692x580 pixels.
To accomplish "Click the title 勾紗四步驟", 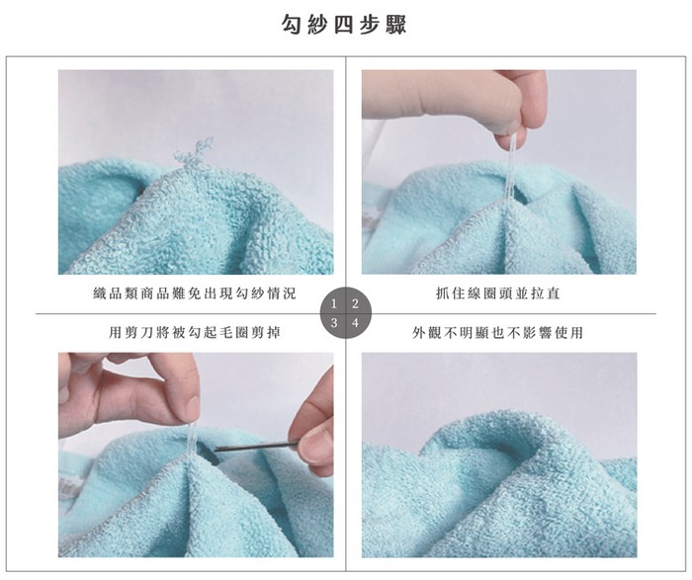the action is pos(344,25).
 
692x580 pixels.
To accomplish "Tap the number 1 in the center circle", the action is pos(334,304).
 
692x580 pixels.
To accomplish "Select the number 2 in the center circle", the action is pos(355,304).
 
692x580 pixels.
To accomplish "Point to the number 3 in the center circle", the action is pos(334,323).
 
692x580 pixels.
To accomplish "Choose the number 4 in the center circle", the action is pos(355,323).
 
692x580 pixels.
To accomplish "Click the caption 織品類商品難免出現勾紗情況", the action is pos(195,293).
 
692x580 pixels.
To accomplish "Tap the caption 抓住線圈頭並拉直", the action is pos(498,293).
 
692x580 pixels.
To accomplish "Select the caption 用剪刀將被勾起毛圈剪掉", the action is pos(195,332).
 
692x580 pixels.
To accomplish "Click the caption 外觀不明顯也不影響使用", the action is pos(498,332).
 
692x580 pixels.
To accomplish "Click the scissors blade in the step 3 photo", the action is pos(251,448).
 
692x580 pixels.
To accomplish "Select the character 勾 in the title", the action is pos(293,25).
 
